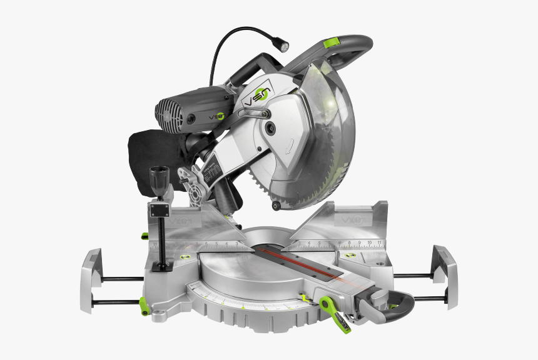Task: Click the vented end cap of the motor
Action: tap(167, 113)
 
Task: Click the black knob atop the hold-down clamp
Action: tap(158, 177)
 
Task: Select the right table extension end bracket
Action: tap(445, 275)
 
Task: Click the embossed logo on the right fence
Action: tap(348, 220)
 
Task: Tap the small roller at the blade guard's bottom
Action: tap(275, 204)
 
